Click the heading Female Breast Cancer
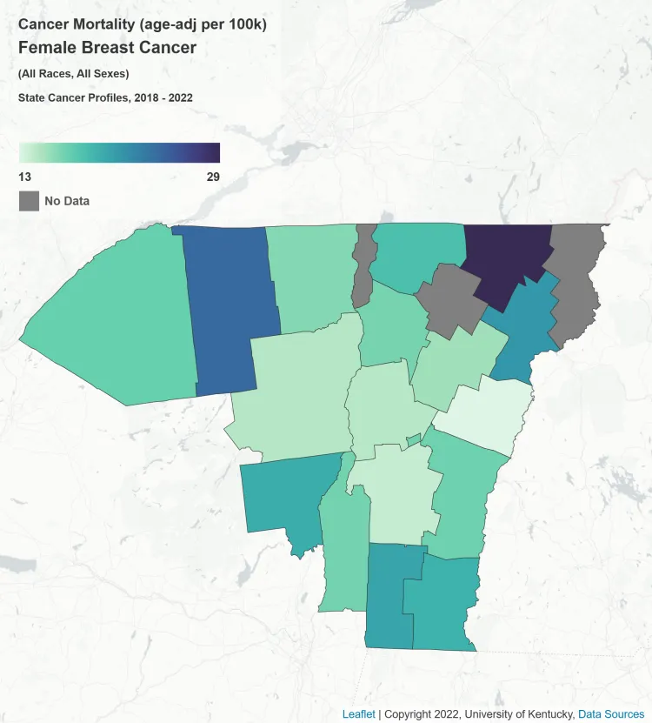coord(107,48)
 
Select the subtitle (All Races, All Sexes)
coord(73,74)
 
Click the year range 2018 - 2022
coord(163,97)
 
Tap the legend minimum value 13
coord(25,177)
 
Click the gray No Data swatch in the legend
coord(30,201)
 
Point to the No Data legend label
coord(67,201)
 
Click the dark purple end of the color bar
coord(214,153)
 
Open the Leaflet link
coord(359,714)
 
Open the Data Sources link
coord(611,714)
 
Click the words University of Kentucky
coord(529,714)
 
